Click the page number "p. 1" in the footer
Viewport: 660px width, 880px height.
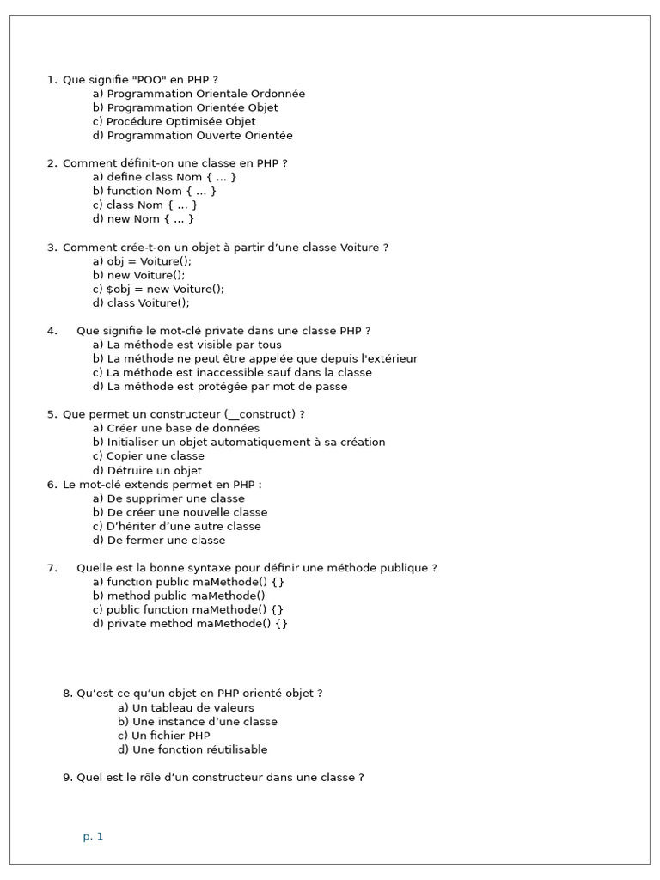(93, 836)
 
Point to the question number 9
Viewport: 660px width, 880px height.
(67, 778)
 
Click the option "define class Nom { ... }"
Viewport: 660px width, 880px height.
(164, 177)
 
